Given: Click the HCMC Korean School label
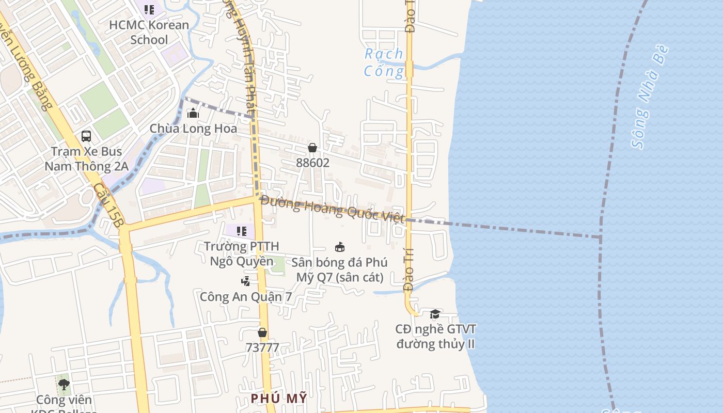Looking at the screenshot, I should (x=149, y=32).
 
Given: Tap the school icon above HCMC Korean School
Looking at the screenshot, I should (x=149, y=9).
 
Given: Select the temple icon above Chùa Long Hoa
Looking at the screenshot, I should (x=193, y=113).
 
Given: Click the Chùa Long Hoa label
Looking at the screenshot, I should (x=193, y=129).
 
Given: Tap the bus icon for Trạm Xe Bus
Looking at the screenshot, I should (x=86, y=136).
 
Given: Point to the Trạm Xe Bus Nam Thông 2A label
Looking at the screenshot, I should (x=86, y=159).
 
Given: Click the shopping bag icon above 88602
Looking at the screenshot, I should (x=312, y=148).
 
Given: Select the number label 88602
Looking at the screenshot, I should (x=312, y=163).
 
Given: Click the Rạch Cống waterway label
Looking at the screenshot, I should (x=384, y=62).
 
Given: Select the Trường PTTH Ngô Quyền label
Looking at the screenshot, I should (x=241, y=253).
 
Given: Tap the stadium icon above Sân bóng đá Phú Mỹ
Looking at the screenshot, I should (x=339, y=247).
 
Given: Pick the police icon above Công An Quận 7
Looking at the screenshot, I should (x=246, y=281).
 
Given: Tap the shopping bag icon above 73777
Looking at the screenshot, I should (x=262, y=332).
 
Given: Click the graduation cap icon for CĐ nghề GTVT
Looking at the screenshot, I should (x=435, y=314).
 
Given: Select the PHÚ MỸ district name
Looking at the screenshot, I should (x=279, y=398).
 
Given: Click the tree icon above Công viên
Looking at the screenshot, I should (x=64, y=385).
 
